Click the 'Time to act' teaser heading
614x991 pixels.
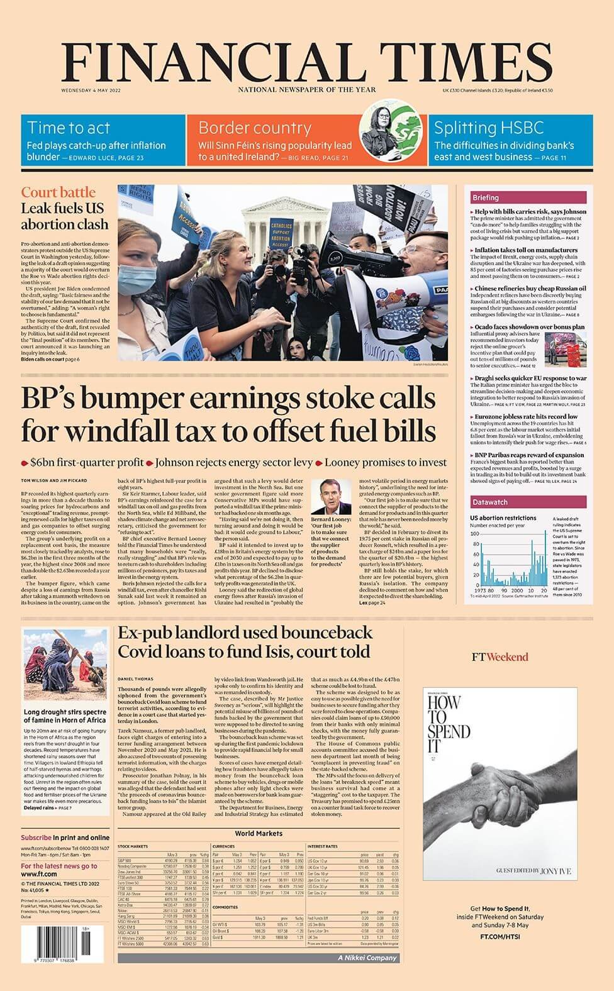click(x=69, y=128)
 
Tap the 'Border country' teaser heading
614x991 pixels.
click(x=254, y=128)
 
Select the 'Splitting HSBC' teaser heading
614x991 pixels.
click(x=488, y=128)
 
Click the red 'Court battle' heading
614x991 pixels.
click(x=58, y=192)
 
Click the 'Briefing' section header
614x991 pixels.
click(x=486, y=197)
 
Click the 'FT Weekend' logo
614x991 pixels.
click(x=500, y=657)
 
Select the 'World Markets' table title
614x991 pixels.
click(x=259, y=834)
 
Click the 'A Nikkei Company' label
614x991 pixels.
click(x=367, y=958)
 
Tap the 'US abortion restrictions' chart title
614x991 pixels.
click(x=503, y=518)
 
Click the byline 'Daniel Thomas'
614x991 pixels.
click(x=135, y=678)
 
